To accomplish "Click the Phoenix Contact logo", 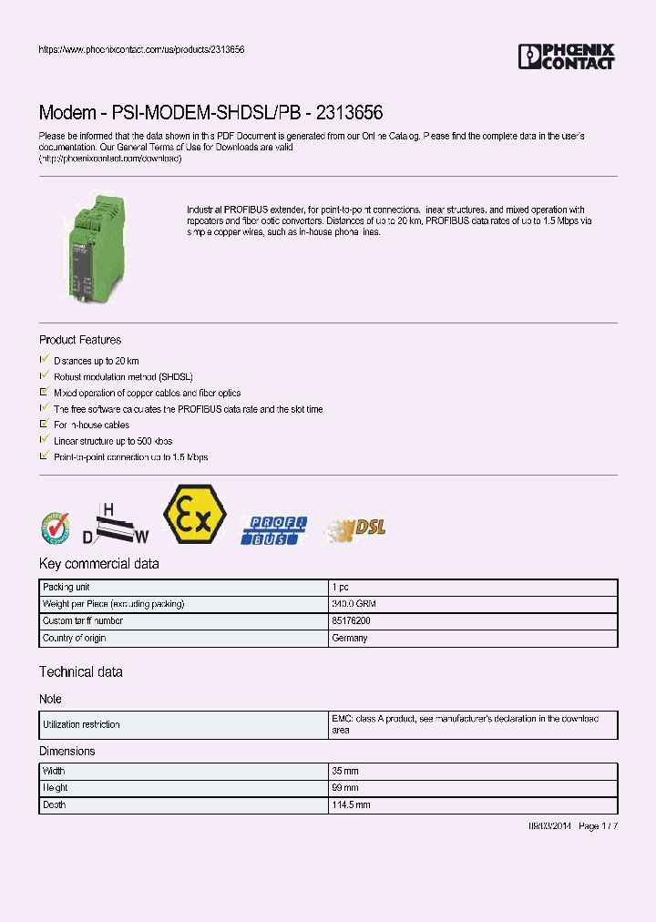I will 566,56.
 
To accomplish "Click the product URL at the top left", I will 141,49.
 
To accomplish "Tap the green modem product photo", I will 94,245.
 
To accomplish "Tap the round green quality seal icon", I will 54,528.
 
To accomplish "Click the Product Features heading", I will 80,340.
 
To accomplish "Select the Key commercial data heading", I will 99,563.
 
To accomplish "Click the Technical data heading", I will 81,671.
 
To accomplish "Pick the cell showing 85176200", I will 352,621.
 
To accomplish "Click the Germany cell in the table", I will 350,638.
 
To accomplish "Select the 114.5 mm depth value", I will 352,805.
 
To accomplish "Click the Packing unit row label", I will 67,588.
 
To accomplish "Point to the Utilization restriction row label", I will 81,724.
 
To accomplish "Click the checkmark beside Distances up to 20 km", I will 44,361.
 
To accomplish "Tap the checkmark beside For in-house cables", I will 44,425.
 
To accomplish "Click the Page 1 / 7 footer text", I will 598,825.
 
